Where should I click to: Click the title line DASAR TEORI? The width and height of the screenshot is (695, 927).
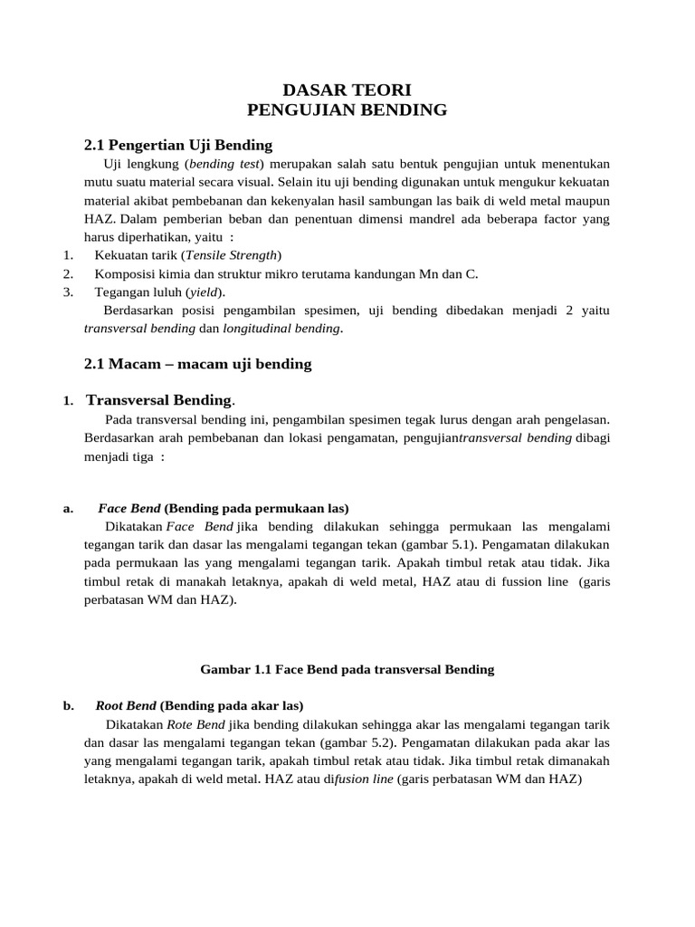[347, 90]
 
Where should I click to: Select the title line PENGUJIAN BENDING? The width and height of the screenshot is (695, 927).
[347, 110]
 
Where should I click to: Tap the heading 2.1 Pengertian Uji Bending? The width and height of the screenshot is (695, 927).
[177, 145]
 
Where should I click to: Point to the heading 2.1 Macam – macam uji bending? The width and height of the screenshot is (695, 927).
[197, 363]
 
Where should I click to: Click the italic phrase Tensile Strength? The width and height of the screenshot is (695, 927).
[233, 254]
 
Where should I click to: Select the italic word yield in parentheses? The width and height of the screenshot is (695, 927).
[205, 291]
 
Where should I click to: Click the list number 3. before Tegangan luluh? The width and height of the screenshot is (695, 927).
[68, 291]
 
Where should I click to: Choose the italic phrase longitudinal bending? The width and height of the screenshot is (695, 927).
[289, 329]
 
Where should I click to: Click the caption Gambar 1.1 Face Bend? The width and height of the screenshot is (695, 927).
[347, 669]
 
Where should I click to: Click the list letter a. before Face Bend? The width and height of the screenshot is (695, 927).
[68, 508]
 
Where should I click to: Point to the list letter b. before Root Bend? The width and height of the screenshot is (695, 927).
[69, 705]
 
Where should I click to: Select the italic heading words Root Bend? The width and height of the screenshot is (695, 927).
[126, 705]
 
